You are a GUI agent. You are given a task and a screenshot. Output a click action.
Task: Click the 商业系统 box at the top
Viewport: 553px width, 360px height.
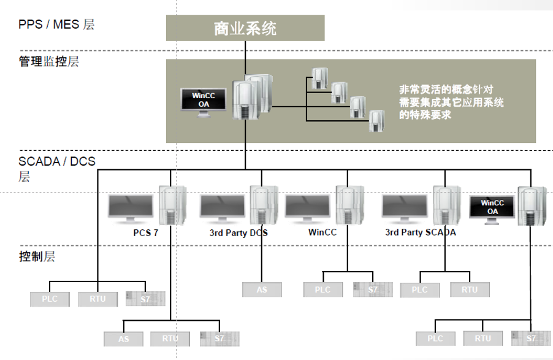245,28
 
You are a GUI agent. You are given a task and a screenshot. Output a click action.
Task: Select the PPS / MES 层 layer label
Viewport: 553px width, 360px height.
56,25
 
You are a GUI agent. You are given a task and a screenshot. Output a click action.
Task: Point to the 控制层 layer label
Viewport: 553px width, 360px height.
37,256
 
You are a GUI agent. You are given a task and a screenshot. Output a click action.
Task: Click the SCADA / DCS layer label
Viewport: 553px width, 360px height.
56,163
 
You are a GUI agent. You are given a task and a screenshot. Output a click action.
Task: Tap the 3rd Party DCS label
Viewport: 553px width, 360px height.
238,233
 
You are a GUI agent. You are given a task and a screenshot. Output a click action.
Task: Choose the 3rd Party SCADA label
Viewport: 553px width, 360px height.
420,233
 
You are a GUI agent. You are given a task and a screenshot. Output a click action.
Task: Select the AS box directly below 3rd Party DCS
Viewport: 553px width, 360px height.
262,289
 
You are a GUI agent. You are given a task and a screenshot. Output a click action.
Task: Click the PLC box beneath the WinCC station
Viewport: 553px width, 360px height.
322,289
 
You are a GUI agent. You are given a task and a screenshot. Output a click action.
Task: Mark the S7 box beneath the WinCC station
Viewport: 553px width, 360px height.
373,289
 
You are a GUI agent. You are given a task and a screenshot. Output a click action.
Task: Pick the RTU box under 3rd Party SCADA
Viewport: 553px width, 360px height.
470,289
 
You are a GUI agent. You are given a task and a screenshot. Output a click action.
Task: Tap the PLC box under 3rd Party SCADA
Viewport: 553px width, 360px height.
419,289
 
